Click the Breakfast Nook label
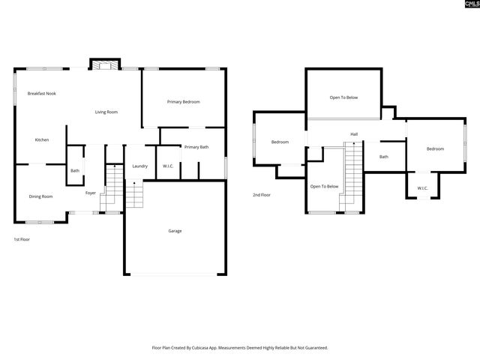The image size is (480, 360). pyautogui.click(x=42, y=94)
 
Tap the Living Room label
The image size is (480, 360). pyautogui.click(x=106, y=112)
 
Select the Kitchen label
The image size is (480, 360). pyautogui.click(x=42, y=140)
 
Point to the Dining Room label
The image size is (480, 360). pyautogui.click(x=41, y=196)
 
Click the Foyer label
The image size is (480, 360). pyautogui.click(x=90, y=193)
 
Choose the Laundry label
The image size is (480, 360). pyautogui.click(x=139, y=166)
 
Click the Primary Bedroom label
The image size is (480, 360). pyautogui.click(x=184, y=102)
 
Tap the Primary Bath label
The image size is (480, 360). pyautogui.click(x=196, y=147)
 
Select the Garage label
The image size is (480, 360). pyautogui.click(x=175, y=231)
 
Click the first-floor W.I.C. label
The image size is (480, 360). pyautogui.click(x=168, y=166)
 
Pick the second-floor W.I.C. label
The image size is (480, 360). pyautogui.click(x=422, y=188)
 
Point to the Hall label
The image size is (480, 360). pyautogui.click(x=354, y=134)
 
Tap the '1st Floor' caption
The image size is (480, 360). pyautogui.click(x=22, y=239)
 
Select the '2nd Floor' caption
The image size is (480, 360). pyautogui.click(x=262, y=195)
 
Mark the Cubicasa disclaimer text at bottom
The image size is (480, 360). pyautogui.click(x=240, y=348)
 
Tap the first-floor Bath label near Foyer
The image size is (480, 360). pyautogui.click(x=75, y=171)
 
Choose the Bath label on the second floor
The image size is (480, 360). pyautogui.click(x=384, y=157)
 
